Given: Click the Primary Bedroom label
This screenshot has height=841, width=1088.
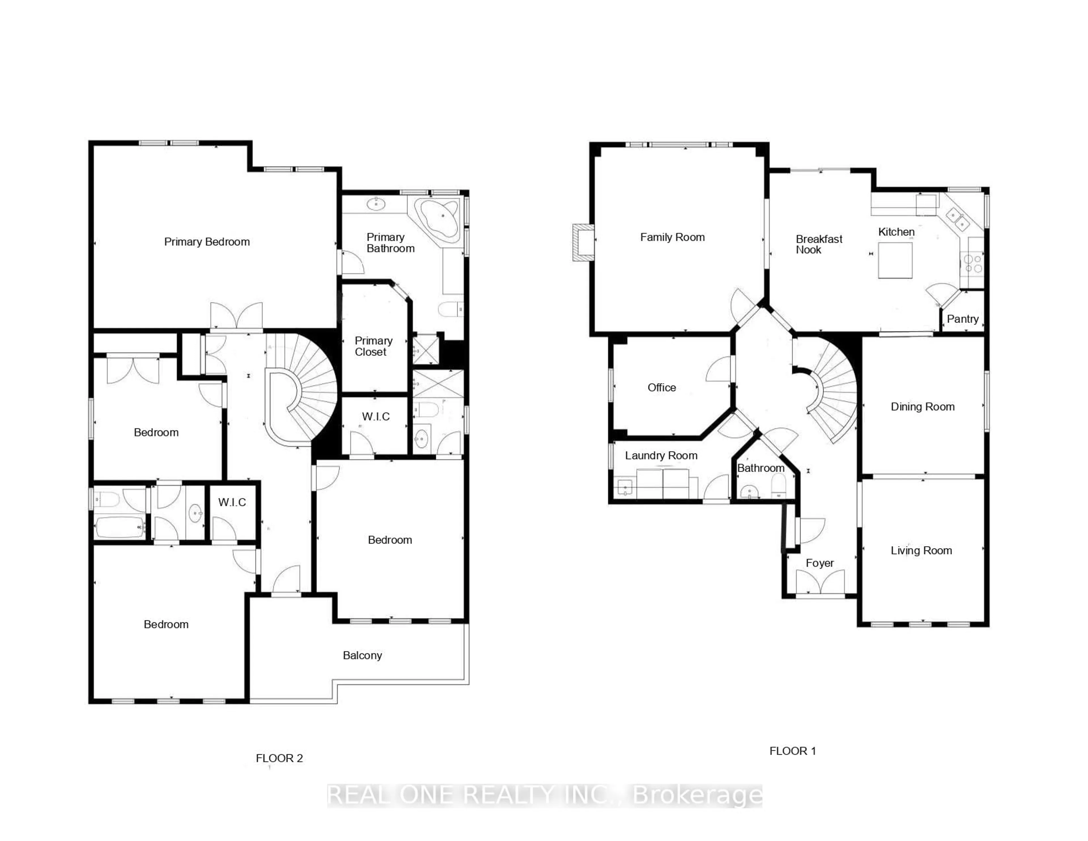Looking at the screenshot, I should click(x=207, y=242).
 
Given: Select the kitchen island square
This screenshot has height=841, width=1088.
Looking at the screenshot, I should click(x=895, y=260).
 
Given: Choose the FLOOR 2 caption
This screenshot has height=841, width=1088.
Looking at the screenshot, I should click(x=279, y=758).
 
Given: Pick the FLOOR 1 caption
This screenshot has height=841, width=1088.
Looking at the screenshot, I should click(x=792, y=751).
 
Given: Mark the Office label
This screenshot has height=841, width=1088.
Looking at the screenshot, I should click(x=662, y=387).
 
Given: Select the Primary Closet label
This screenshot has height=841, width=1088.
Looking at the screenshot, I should click(x=373, y=346).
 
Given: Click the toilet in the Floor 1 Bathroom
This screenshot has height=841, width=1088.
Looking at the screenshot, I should click(x=778, y=484).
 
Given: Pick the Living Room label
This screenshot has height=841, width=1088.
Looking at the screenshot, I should click(x=921, y=550).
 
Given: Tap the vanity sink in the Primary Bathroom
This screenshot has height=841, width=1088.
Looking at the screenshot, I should click(x=376, y=204).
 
